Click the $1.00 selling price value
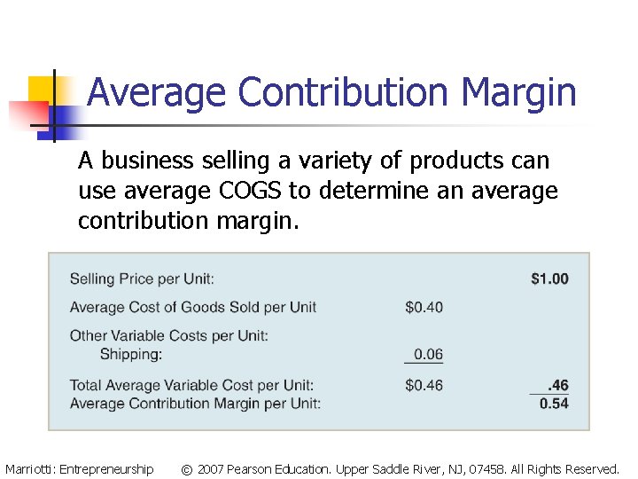click(x=549, y=279)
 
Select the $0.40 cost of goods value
click(x=424, y=307)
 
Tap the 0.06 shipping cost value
click(x=428, y=354)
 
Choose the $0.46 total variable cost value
click(x=424, y=385)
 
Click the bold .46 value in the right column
click(x=557, y=385)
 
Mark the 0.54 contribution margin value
click(x=554, y=404)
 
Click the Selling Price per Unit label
click(x=142, y=279)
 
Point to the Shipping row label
click(x=130, y=354)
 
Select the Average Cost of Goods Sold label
click(x=192, y=307)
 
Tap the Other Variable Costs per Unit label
click(x=168, y=335)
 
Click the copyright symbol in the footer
click(x=186, y=469)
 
